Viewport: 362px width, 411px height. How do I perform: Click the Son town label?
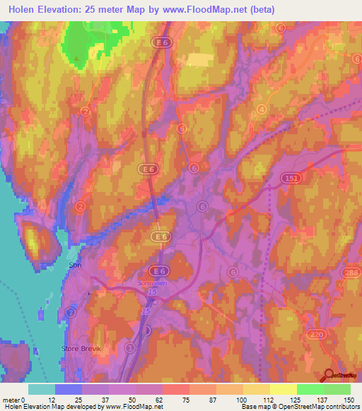pos(75,265)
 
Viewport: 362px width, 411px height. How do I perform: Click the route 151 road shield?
pos(291,180)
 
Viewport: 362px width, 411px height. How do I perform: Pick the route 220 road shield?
pos(315,332)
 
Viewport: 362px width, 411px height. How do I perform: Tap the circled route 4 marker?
pos(262,109)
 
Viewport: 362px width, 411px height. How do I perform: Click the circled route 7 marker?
pos(70,311)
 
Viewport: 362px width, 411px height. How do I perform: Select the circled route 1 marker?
pos(129,348)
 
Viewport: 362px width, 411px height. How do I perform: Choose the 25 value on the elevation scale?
pos(78,399)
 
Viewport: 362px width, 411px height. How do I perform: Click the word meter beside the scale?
pos(11,399)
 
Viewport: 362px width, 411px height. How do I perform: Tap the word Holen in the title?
pos(22,9)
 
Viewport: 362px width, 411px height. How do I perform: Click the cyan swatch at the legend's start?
pos(42,389)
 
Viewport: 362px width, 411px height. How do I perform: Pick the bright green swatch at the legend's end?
pos(337,389)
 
